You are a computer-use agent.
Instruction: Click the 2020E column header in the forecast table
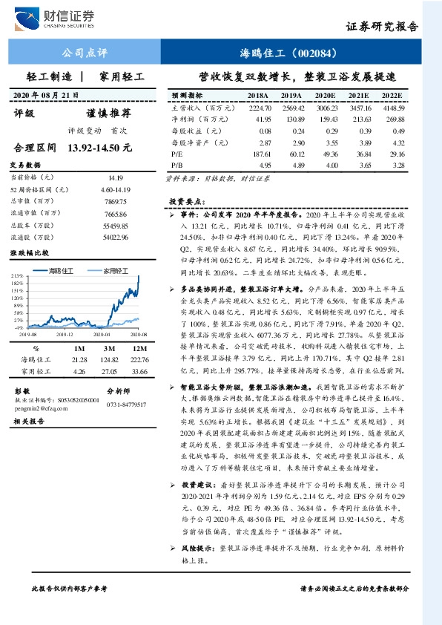click(x=325, y=96)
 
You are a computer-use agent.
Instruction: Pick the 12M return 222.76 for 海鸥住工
click(x=139, y=359)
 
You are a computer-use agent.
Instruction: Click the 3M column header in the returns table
click(x=108, y=348)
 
